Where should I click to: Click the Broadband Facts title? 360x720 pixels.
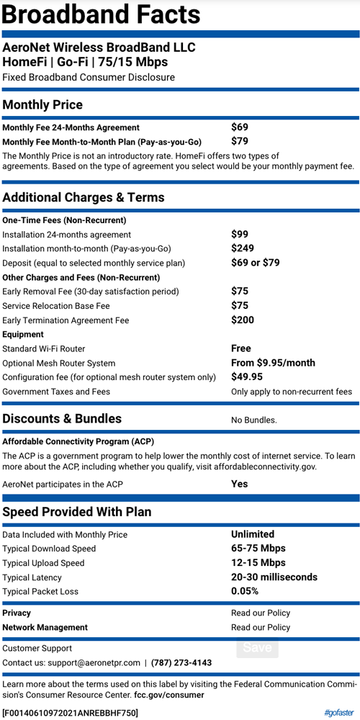click(x=102, y=14)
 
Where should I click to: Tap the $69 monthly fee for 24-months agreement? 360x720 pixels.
click(x=240, y=127)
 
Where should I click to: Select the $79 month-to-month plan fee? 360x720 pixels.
click(x=240, y=142)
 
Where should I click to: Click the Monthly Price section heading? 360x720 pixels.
click(x=42, y=105)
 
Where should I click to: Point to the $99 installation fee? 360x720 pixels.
click(x=240, y=234)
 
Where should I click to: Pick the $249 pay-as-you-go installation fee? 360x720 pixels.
click(x=243, y=248)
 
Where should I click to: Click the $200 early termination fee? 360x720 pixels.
click(x=243, y=320)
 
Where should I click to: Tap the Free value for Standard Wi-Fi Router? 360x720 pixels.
click(x=241, y=348)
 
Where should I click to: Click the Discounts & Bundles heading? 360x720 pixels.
click(x=62, y=419)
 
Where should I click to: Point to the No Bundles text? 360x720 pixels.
click(x=253, y=420)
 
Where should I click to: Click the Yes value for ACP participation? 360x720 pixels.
click(x=240, y=484)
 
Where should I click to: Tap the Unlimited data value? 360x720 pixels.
click(x=253, y=534)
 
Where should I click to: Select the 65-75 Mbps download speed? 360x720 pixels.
click(x=258, y=549)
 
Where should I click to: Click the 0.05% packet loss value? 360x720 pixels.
click(x=245, y=592)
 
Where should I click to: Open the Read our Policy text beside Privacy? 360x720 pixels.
click(x=261, y=613)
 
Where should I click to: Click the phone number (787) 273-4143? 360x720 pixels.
click(x=181, y=662)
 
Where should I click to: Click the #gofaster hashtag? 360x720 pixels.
click(x=338, y=713)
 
